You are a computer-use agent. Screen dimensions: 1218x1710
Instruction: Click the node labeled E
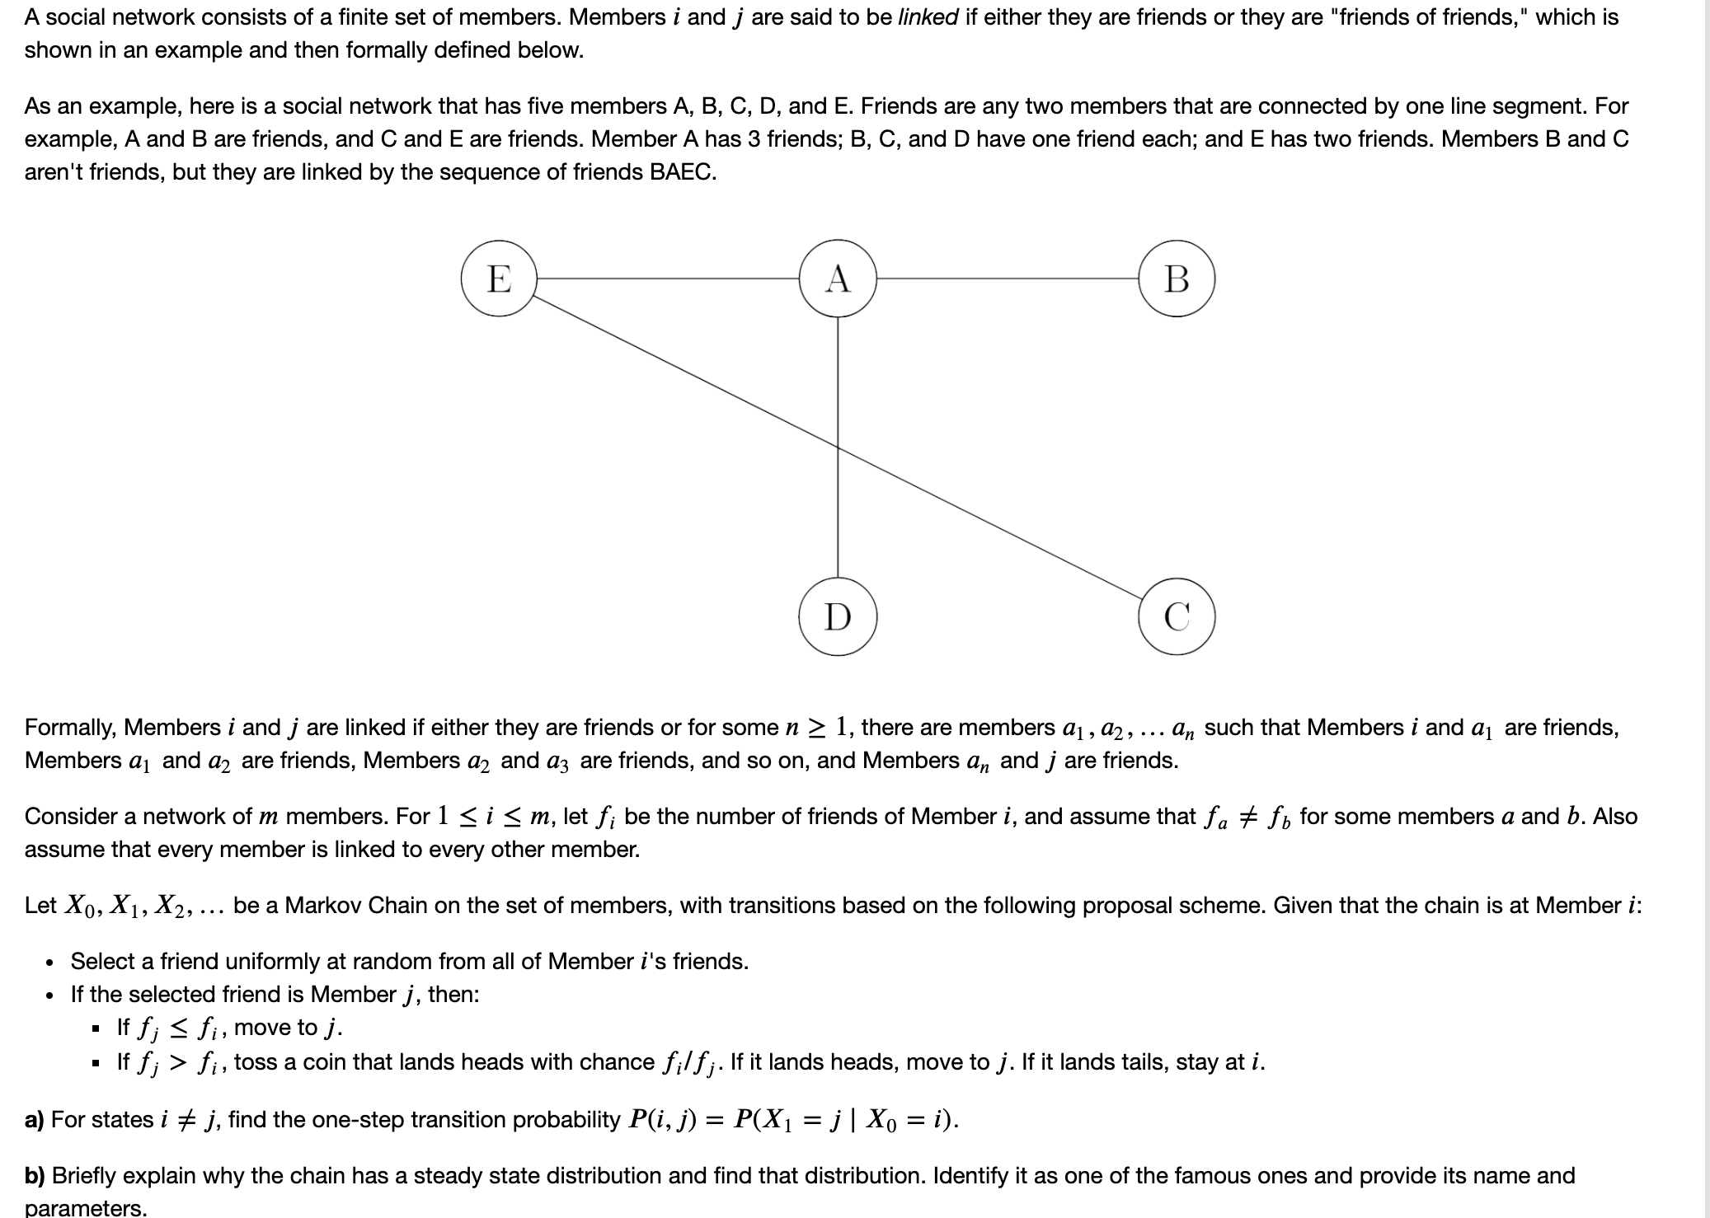point(499,279)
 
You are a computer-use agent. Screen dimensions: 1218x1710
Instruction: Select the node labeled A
point(838,279)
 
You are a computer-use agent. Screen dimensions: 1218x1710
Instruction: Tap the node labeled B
point(1177,279)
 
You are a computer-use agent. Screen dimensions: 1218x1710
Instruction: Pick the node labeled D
point(838,616)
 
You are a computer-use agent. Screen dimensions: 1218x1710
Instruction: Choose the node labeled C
point(1177,616)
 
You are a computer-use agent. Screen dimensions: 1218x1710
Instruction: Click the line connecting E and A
point(668,279)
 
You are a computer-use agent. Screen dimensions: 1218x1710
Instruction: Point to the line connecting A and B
point(1008,279)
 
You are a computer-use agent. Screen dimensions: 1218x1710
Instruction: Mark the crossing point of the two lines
point(838,447)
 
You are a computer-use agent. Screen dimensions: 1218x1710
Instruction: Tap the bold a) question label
point(34,1119)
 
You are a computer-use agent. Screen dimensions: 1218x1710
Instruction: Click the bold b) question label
point(35,1175)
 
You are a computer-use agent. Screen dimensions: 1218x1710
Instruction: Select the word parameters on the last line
point(85,1208)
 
